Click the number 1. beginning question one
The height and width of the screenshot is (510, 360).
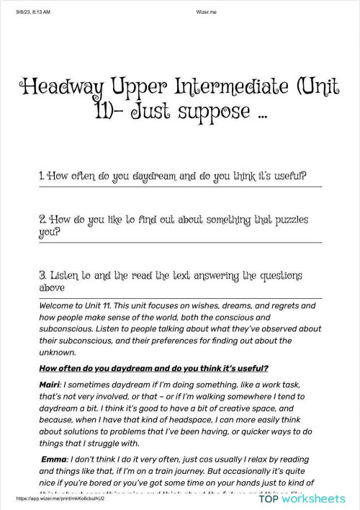click(x=42, y=176)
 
